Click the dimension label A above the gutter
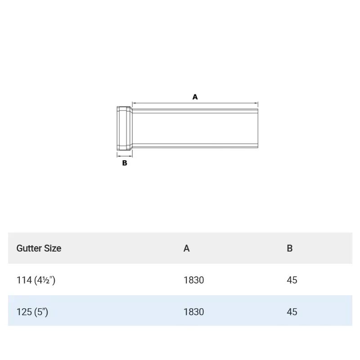pyautogui.click(x=195, y=97)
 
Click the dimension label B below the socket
pyautogui.click(x=125, y=163)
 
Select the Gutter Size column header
pyautogui.click(x=39, y=248)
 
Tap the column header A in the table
pyautogui.click(x=186, y=248)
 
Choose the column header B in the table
pyautogui.click(x=289, y=248)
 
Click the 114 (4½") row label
pyautogui.click(x=36, y=280)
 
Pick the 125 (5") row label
pyautogui.click(x=32, y=311)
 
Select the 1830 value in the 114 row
pyautogui.click(x=193, y=280)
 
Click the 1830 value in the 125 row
pyautogui.click(x=193, y=311)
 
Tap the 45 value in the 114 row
pyautogui.click(x=292, y=280)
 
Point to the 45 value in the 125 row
pyautogui.click(x=292, y=311)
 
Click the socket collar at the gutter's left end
pyautogui.click(x=124, y=128)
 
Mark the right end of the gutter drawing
pyautogui.click(x=258, y=128)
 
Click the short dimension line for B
pyautogui.click(x=124, y=155)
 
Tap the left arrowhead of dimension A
pyautogui.click(x=133, y=102)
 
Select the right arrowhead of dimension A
pyautogui.click(x=257, y=102)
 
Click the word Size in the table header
pyautogui.click(x=52, y=248)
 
